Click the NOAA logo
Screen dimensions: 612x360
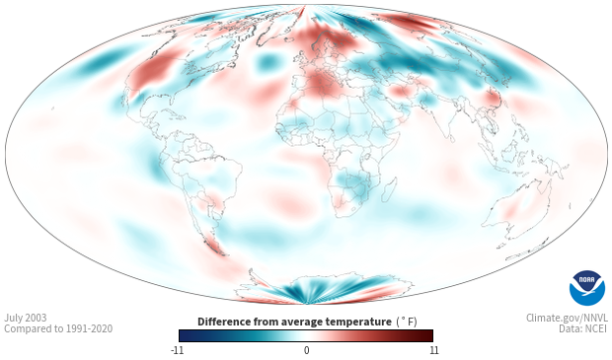(x=587, y=288)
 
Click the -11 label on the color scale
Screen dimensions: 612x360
(x=177, y=350)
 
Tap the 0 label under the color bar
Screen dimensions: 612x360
(x=306, y=350)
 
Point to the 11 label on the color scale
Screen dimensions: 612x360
(x=433, y=350)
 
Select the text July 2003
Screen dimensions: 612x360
(x=26, y=318)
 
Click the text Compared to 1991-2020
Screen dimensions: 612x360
(x=58, y=328)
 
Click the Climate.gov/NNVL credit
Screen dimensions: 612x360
(x=567, y=318)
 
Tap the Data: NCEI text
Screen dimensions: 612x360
(x=583, y=328)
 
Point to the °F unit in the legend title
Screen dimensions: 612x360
(x=407, y=323)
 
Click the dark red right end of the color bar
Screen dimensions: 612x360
(x=428, y=335)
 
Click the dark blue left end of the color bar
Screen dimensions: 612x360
(x=185, y=335)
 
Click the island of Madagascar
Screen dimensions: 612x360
(x=388, y=190)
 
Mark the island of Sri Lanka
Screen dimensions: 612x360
(x=451, y=138)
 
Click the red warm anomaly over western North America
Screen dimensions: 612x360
(x=151, y=73)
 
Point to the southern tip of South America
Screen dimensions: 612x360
(x=224, y=254)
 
